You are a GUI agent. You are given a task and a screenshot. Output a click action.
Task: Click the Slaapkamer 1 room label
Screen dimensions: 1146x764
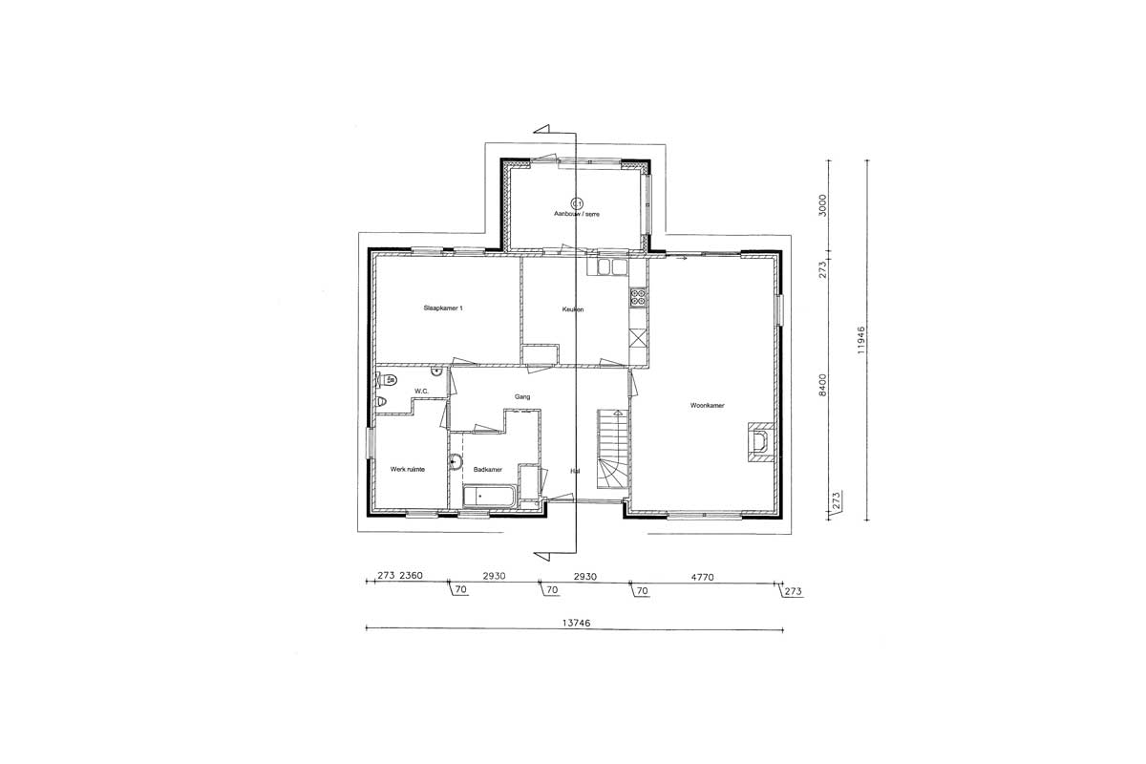coord(443,308)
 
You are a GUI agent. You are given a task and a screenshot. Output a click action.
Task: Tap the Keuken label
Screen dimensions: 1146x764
coord(572,309)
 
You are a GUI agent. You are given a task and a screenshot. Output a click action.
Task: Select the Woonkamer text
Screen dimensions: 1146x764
coord(707,405)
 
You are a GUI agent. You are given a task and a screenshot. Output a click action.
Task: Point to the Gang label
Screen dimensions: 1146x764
coord(522,396)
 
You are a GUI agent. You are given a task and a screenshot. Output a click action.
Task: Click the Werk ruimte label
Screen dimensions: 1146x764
coord(407,469)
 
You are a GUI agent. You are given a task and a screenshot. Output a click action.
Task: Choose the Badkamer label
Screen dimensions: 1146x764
coord(488,469)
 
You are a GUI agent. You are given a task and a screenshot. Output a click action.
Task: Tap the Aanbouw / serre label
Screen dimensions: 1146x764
coord(577,214)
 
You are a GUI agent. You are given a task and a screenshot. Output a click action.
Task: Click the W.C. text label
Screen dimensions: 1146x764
coord(421,392)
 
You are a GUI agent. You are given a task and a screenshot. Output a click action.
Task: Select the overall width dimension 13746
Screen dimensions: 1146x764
coord(576,623)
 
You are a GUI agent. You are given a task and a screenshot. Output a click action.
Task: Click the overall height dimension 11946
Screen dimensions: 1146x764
coord(861,340)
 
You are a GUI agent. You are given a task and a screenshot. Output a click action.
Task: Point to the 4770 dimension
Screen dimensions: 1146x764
coord(702,577)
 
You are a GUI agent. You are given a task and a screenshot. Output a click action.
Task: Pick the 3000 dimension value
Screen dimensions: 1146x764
coord(822,205)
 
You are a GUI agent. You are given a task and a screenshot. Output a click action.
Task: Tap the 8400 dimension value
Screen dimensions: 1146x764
coord(822,385)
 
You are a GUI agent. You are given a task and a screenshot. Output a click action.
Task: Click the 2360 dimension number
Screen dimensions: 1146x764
coord(411,575)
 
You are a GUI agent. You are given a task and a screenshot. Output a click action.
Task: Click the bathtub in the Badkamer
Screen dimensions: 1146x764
coord(489,496)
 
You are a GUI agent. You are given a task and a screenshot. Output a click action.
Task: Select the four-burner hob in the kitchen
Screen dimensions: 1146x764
coord(639,297)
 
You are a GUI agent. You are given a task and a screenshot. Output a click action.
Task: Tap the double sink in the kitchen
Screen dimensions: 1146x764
coord(612,267)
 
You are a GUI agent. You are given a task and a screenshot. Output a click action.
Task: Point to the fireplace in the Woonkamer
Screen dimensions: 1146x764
coord(761,442)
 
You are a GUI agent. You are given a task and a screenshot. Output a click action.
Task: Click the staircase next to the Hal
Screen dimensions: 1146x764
coord(612,449)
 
